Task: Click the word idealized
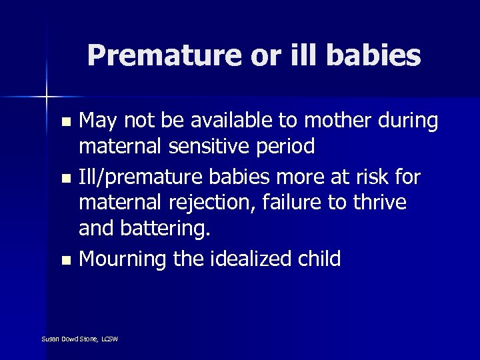(x=257, y=259)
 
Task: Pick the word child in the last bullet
(x=319, y=259)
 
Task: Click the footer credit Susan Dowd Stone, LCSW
(x=79, y=339)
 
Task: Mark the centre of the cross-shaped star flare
(x=47, y=97)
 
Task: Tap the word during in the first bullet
(x=411, y=121)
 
